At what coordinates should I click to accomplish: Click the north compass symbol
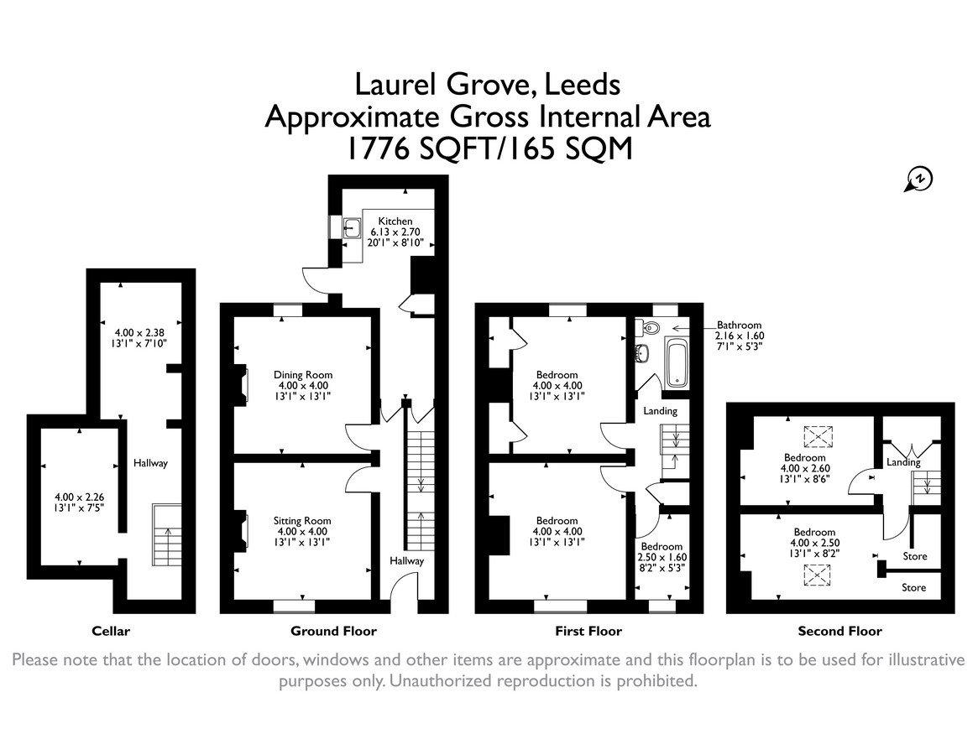918,180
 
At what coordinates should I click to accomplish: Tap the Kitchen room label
395,221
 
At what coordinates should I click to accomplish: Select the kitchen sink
352,229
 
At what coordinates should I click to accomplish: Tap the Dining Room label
303,375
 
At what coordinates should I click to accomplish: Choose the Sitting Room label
302,521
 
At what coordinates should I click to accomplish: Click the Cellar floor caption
111,631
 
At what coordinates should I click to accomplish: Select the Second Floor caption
840,631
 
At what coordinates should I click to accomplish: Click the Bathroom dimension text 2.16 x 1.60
739,336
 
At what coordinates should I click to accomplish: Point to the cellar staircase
167,535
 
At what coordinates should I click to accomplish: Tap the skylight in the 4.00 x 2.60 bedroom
818,436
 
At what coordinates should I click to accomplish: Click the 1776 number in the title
377,148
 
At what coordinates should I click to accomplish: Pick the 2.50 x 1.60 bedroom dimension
662,557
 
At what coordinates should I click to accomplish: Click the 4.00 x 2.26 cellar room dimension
79,497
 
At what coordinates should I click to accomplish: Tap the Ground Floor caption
333,631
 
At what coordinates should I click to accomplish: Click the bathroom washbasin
642,353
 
